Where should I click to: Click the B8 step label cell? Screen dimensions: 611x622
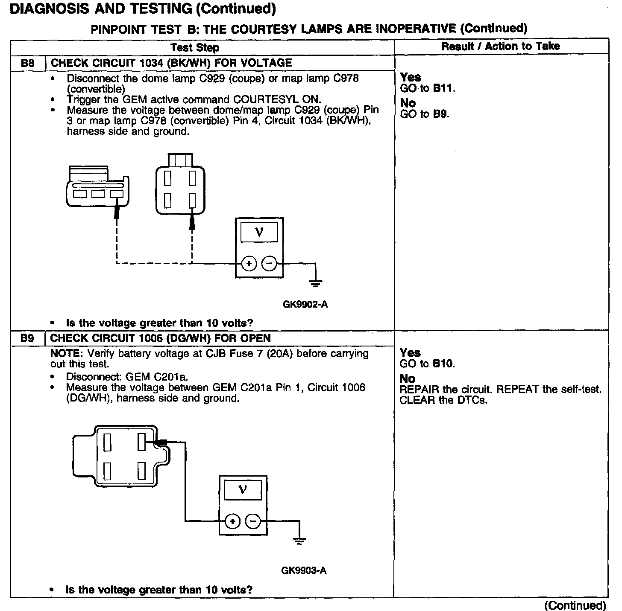coord(27,63)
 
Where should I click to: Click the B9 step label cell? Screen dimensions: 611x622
coord(27,338)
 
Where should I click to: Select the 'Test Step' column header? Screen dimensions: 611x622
coord(195,47)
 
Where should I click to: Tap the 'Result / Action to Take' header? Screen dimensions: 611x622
coord(500,46)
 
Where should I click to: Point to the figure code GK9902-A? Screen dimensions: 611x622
coord(305,305)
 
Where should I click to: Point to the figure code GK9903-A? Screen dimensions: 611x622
coord(304,570)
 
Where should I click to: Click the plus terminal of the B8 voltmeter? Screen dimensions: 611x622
coord(249,263)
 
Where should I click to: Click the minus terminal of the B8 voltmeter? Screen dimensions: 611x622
coord(269,263)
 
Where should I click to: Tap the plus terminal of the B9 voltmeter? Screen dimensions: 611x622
coord(232,521)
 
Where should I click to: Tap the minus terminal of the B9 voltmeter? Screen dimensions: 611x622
coord(253,521)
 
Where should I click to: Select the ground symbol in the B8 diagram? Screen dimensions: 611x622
coord(316,282)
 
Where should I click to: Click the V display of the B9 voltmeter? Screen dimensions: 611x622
coord(243,489)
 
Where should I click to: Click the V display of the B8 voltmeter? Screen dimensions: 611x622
coord(259,232)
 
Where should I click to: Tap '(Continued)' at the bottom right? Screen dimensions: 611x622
coord(575,605)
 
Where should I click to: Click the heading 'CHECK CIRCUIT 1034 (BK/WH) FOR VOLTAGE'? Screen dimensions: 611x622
coord(171,63)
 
